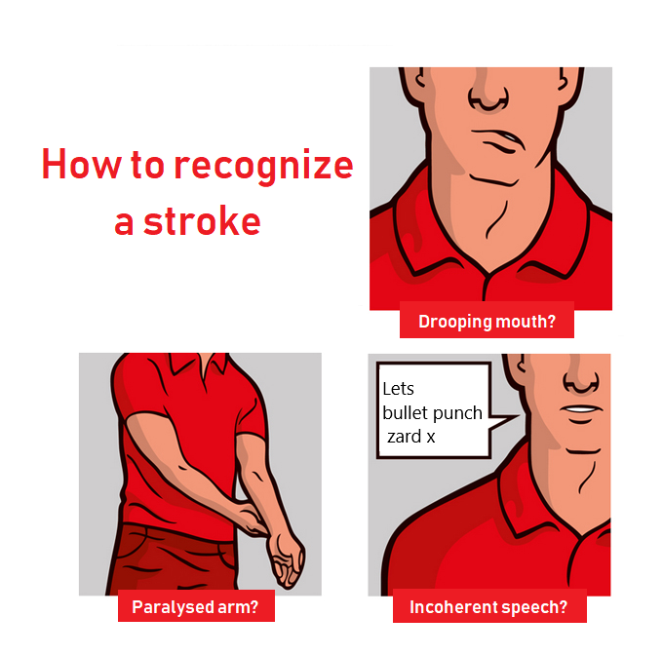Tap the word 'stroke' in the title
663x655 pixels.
click(202, 220)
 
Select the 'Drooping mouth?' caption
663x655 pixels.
click(487, 321)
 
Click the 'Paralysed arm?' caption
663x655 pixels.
click(196, 606)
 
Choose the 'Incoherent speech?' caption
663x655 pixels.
click(489, 607)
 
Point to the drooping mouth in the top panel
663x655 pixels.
click(499, 140)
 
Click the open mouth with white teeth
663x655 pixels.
click(581, 409)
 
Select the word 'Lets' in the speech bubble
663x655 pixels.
click(398, 389)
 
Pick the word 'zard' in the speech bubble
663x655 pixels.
click(404, 436)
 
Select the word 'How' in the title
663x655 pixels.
click(81, 164)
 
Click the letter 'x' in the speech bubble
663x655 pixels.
click(430, 438)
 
